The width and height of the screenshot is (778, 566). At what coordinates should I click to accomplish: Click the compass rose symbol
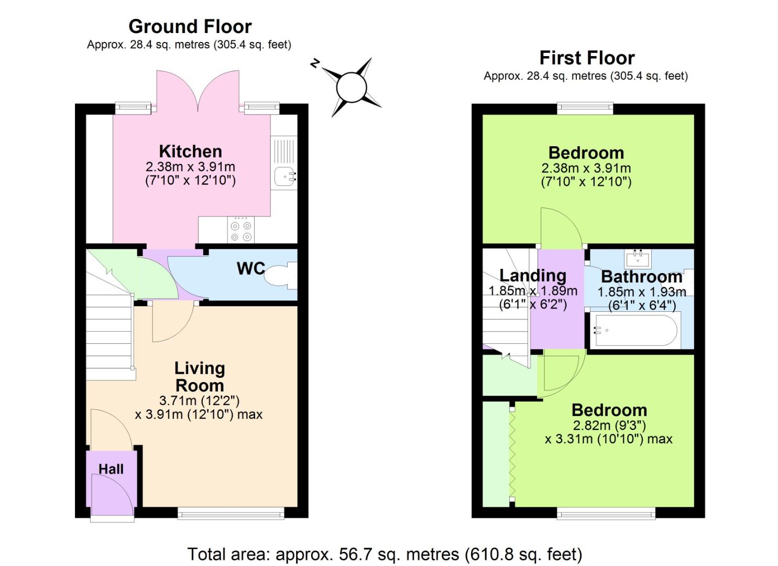(350, 87)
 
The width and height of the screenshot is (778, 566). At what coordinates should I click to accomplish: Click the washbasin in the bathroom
(638, 258)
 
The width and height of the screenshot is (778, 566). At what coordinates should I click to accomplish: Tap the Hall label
(111, 469)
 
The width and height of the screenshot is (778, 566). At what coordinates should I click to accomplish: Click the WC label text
(250, 268)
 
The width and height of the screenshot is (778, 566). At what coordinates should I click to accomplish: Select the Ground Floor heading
(190, 26)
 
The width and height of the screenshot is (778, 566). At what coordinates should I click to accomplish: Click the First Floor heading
(587, 57)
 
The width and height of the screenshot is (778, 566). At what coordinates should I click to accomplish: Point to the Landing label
(532, 275)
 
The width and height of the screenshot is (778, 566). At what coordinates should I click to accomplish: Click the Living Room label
(200, 377)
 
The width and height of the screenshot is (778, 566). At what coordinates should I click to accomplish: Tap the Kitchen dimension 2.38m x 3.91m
(190, 167)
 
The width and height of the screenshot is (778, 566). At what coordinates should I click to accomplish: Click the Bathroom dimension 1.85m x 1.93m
(641, 292)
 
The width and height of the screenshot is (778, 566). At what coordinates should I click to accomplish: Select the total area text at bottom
(385, 554)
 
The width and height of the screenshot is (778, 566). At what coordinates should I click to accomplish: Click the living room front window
(231, 513)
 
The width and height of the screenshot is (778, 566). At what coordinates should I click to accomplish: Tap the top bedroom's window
(585, 108)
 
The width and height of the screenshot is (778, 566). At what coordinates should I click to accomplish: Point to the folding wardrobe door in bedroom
(512, 453)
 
